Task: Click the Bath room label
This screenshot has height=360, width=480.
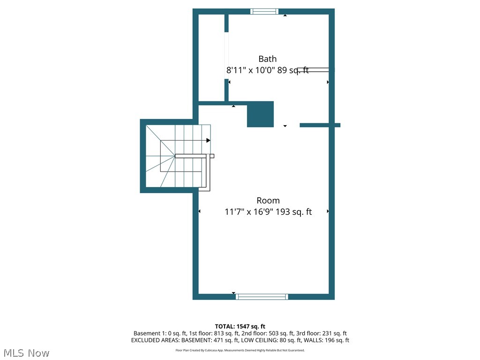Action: tap(267, 59)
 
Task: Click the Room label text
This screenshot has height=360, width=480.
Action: tap(268, 201)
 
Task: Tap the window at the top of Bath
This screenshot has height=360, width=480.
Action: tap(264, 12)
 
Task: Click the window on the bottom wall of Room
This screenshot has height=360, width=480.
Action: tap(262, 297)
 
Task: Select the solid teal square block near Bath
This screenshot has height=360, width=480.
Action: tap(260, 114)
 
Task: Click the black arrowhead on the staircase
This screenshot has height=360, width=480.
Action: tap(208, 140)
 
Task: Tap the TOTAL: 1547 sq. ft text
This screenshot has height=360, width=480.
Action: tap(240, 326)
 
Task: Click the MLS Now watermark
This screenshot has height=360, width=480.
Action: tap(26, 352)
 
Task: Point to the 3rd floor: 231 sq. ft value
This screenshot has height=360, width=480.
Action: tap(322, 333)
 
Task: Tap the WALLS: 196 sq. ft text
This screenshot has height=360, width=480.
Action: tap(328, 340)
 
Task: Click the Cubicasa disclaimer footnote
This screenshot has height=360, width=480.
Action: tap(240, 350)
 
